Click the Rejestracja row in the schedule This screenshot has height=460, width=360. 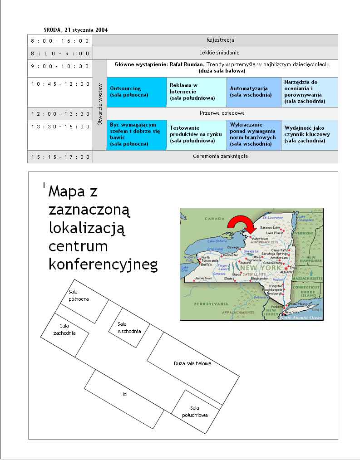tap(220, 40)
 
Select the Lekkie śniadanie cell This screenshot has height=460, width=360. tap(220, 53)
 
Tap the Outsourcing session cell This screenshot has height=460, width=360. tap(137, 92)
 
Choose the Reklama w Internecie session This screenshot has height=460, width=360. tap(196, 92)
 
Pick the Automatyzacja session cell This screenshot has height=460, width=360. tap(254, 92)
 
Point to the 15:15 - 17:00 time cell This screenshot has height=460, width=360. tap(60, 157)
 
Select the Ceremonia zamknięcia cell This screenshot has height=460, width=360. tap(220, 157)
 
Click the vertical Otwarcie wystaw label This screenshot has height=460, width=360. tap(100, 104)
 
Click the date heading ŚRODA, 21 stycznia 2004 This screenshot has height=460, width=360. tap(73, 30)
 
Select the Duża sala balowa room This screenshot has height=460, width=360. tap(192, 363)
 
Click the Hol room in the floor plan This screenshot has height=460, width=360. tap(123, 394)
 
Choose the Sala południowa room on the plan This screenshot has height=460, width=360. tap(195, 411)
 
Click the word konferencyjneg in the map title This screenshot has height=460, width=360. tap(103, 265)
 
